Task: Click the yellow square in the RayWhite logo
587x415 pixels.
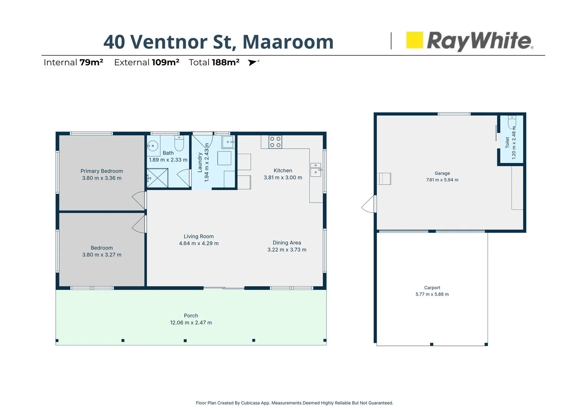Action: click(415, 40)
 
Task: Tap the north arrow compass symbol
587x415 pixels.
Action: click(253, 62)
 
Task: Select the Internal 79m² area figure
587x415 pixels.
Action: click(73, 62)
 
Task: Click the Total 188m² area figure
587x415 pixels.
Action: click(214, 62)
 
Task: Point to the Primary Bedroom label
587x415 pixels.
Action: click(101, 171)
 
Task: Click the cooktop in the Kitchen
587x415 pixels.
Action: click(275, 142)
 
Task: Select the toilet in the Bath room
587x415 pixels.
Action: click(179, 143)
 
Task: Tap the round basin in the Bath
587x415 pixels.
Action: click(153, 146)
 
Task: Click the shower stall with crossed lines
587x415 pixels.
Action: click(157, 178)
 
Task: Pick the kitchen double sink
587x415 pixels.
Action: click(316, 169)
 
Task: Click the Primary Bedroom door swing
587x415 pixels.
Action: click(139, 200)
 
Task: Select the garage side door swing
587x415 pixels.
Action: click(369, 204)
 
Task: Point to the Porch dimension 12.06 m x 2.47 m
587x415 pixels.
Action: click(191, 323)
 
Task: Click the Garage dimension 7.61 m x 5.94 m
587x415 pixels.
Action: click(442, 180)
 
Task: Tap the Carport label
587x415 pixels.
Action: click(432, 287)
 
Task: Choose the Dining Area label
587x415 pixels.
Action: click(287, 242)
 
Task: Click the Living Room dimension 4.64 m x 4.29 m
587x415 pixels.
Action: click(199, 243)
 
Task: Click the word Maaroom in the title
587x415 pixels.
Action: click(288, 42)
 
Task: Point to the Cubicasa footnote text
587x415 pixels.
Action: click(294, 403)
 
